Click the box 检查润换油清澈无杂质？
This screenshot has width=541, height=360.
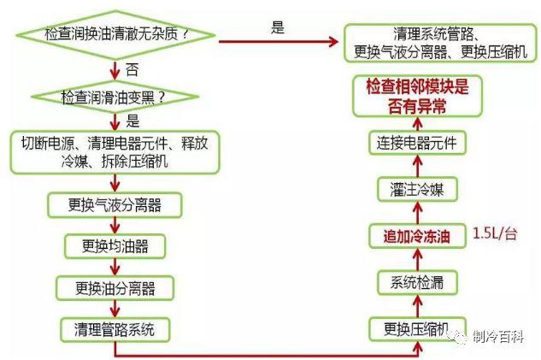coord(116,34)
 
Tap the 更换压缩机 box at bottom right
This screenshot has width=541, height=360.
coord(415,328)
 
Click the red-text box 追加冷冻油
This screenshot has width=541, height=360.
coord(415,234)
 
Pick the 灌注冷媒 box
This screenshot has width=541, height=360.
coord(415,188)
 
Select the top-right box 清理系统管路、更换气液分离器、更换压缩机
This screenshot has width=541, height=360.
coord(441,42)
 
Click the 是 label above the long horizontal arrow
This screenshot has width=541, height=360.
coord(277,27)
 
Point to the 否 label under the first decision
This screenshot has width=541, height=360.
coord(131,66)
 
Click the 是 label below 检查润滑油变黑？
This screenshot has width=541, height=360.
coord(132,120)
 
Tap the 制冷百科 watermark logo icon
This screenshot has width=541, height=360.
coord(460,336)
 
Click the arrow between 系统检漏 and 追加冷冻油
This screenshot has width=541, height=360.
coord(415,257)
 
